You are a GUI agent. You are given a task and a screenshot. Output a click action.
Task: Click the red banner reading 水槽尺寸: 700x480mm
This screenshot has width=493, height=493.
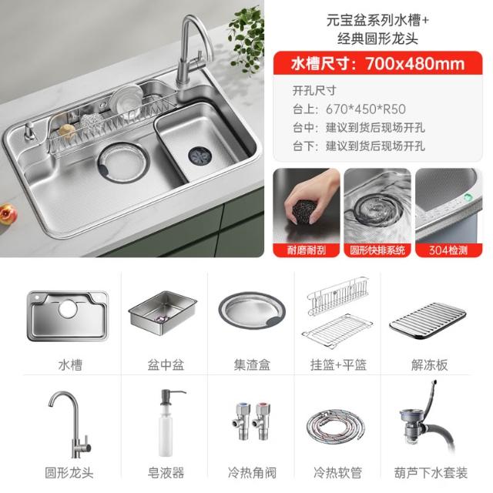(377, 63)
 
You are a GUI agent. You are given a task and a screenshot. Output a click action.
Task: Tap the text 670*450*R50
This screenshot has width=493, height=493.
(366, 109)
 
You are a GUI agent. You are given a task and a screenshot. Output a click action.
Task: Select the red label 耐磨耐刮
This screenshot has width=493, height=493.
(307, 250)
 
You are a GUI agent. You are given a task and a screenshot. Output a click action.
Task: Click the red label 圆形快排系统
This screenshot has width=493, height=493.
(377, 250)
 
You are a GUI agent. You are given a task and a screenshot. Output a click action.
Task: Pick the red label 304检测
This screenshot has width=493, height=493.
(448, 250)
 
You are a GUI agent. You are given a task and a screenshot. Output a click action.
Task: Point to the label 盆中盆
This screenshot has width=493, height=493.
(166, 364)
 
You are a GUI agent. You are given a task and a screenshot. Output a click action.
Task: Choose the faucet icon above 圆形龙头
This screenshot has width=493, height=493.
(69, 424)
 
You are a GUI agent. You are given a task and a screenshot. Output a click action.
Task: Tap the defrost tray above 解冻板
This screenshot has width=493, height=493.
(428, 320)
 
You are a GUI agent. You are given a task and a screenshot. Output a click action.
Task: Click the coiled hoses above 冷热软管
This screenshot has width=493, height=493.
(336, 426)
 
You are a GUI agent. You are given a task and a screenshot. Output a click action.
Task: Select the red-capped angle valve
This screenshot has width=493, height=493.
(262, 421)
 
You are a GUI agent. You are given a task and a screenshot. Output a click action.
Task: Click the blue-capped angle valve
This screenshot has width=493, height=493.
(241, 421)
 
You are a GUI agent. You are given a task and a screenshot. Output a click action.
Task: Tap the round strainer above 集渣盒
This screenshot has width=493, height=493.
(252, 310)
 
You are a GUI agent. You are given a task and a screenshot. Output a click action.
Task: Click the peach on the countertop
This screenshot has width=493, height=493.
(8, 214)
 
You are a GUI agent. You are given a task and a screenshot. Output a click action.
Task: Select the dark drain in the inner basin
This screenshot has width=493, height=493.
(200, 155)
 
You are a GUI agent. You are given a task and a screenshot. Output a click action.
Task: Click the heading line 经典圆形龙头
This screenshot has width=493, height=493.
(377, 39)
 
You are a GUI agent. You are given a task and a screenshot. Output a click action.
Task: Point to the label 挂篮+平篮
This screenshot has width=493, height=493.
(338, 364)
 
